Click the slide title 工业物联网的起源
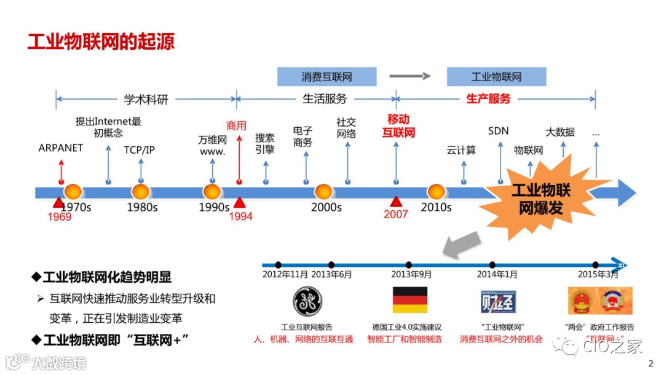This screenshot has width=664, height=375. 101,41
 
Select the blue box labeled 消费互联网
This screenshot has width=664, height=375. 326,77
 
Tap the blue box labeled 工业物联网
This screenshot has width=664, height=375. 496,77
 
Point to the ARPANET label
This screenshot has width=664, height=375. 60,148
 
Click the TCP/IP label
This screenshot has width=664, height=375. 140,149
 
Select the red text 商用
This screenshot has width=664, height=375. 236,125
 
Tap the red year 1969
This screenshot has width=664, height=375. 59,216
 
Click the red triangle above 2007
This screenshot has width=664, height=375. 396,201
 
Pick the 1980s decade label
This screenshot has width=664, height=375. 142,207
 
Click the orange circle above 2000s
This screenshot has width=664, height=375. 324,192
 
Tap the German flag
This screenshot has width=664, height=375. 409,300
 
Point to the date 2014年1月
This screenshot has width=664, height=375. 497,274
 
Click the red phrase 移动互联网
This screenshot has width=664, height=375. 398,125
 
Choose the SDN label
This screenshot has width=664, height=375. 498,131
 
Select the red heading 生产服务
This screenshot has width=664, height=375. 488,98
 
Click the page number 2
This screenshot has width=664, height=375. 651,363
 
